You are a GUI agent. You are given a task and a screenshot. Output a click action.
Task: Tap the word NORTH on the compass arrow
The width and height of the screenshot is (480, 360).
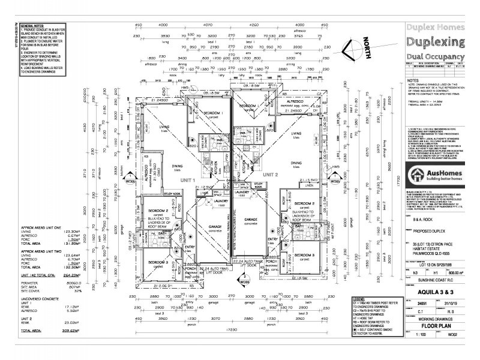click(368, 49)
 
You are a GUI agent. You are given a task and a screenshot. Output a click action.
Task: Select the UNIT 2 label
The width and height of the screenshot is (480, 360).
click(271, 174)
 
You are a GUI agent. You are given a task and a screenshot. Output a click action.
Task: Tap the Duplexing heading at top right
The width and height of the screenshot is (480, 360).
click(436, 42)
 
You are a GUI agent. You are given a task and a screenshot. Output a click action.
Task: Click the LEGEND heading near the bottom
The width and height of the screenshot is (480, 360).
click(358, 298)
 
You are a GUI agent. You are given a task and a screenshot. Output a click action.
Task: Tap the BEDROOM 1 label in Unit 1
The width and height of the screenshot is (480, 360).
click(214, 113)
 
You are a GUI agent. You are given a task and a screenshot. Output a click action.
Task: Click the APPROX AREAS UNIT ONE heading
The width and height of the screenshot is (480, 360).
click(43, 229)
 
